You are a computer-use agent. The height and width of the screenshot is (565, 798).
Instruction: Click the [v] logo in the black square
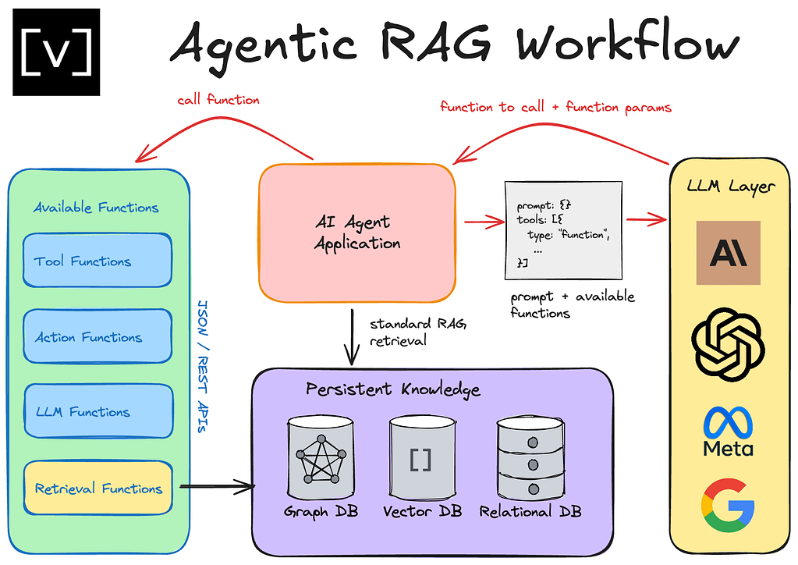coord(56,52)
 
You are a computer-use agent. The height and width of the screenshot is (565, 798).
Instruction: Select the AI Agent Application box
coord(357,233)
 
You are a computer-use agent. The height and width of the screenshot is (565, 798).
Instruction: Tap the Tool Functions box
coord(98,261)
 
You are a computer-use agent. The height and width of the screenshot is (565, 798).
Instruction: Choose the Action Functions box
coord(98,337)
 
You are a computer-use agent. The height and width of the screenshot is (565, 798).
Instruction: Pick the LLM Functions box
coord(98,412)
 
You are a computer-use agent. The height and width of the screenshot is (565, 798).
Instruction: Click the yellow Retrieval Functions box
coord(98,489)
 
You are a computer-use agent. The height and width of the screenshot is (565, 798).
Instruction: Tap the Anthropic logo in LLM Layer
coord(728,252)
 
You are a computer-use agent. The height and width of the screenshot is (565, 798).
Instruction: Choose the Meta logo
coord(728,431)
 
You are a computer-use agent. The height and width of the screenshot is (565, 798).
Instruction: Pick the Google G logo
coord(728,506)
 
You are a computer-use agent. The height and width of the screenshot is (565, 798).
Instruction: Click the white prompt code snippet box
coord(563,229)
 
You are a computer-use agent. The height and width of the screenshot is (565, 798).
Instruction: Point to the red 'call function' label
coord(218,100)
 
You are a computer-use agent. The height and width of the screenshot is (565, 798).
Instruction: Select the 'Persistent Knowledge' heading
coord(392,389)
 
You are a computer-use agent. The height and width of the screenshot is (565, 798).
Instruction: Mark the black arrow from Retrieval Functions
coord(217,489)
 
